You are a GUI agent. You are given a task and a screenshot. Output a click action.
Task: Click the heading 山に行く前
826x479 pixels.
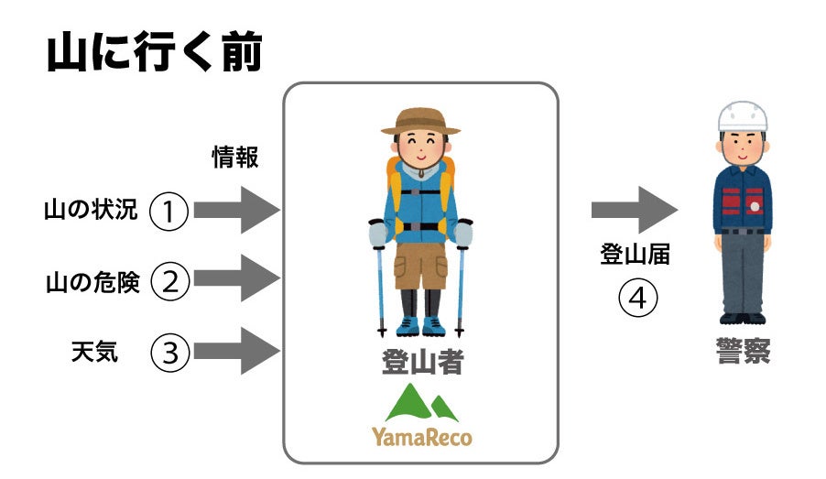[x=154, y=54]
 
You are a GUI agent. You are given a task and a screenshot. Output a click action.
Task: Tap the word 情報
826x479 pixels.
[x=235, y=158]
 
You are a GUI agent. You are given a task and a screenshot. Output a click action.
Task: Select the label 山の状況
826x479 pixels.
[x=91, y=211]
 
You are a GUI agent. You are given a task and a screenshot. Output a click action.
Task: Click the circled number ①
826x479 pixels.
[x=168, y=212]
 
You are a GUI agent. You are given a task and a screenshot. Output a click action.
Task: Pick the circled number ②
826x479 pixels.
[x=169, y=280]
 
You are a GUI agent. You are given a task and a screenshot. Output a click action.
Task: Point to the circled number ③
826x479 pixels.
[x=169, y=353]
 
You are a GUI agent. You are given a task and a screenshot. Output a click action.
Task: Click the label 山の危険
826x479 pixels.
[x=92, y=282]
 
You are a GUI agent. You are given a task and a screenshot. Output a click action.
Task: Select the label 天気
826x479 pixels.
[x=94, y=352]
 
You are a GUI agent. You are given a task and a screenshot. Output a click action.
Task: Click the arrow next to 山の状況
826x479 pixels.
[x=236, y=212]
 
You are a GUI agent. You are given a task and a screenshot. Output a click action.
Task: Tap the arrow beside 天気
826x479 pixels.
[x=236, y=351]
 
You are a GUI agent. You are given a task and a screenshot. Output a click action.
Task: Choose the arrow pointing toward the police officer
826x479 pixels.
[x=635, y=211]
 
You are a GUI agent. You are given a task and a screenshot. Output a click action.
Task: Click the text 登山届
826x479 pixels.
[x=636, y=256]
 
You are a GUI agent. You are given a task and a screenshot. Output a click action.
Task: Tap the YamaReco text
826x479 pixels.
[x=421, y=437]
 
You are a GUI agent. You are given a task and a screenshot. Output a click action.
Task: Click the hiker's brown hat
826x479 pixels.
[x=420, y=121]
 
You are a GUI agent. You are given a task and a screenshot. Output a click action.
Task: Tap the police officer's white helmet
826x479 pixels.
[x=742, y=117]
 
